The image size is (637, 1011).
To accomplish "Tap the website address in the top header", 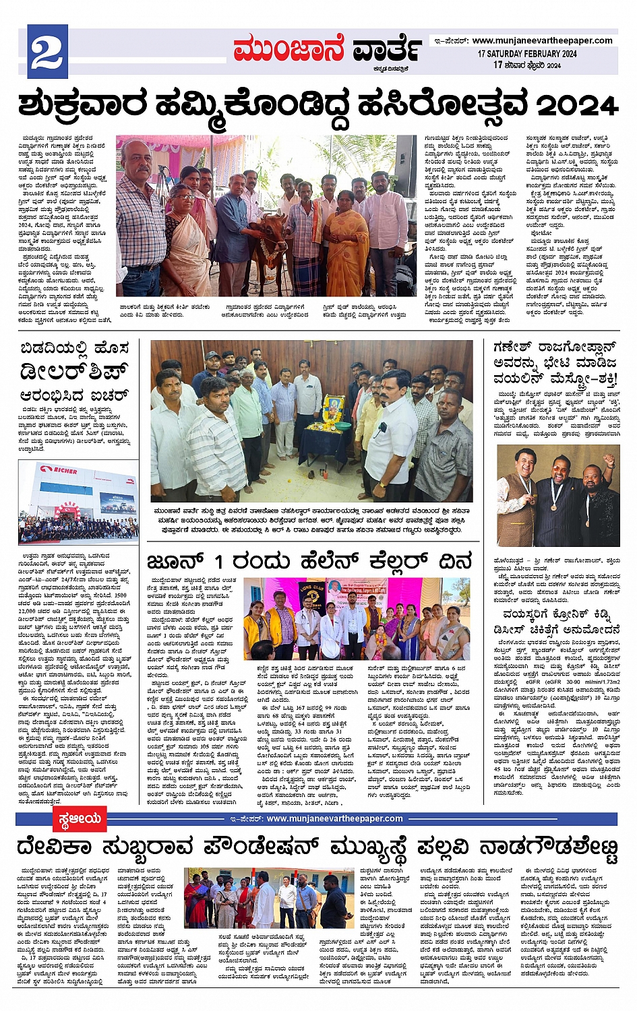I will point(542,40).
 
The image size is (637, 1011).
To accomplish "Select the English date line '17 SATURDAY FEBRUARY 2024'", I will point(527,54).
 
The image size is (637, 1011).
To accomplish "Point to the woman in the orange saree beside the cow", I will point(347,246).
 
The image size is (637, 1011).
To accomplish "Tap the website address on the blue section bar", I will point(334,819).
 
